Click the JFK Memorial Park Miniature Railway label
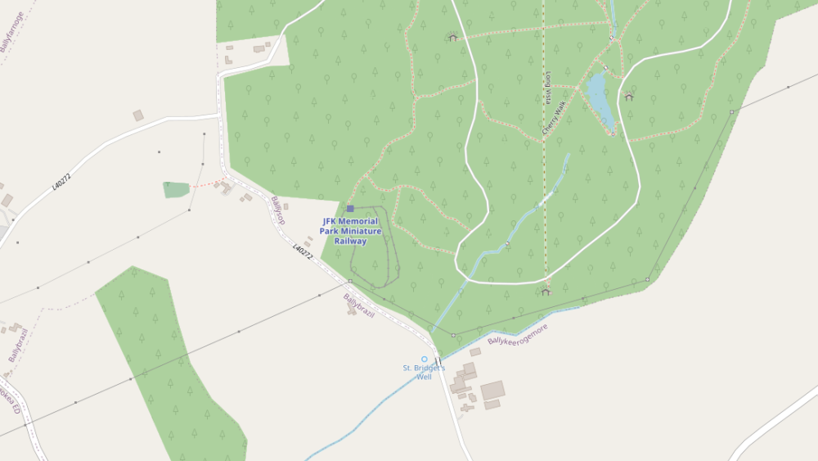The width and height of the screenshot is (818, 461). point(350,231)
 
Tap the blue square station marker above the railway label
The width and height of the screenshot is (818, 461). point(350,209)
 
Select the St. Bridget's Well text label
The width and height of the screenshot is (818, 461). point(424,373)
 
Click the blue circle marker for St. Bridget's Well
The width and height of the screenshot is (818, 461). point(424,359)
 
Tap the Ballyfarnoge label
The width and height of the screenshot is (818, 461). point(12,32)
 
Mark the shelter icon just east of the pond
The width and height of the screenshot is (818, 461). point(628,97)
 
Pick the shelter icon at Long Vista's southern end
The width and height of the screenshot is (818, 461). point(546,291)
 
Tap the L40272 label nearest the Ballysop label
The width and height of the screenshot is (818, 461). point(302,251)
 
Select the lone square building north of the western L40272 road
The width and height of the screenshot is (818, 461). point(138,115)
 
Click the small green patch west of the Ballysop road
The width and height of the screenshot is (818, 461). point(176,190)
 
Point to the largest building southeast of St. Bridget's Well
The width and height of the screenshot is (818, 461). point(492,390)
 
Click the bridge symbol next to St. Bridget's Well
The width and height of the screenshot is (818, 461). point(438,361)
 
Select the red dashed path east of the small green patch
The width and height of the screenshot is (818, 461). point(210,181)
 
